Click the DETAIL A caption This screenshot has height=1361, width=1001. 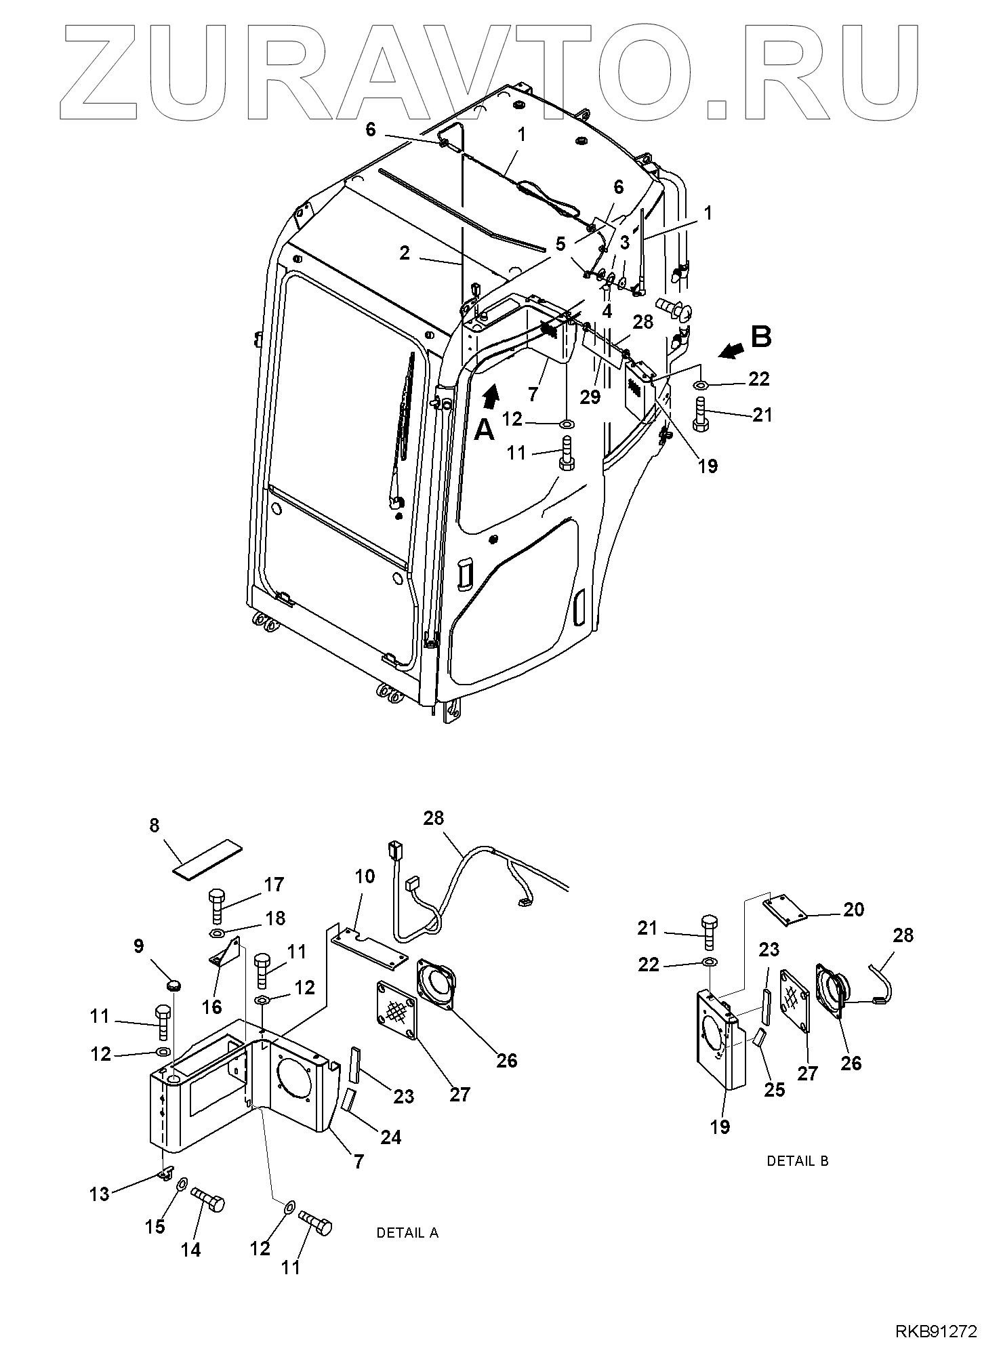click(407, 1233)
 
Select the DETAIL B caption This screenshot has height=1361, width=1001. click(797, 1161)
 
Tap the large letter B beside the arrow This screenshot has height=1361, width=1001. click(762, 336)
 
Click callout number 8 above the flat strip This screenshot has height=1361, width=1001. click(155, 825)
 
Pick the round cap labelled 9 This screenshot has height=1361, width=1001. click(175, 984)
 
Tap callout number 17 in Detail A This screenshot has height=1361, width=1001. click(274, 885)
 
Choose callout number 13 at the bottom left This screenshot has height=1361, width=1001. click(100, 1194)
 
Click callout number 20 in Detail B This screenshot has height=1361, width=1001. click(854, 909)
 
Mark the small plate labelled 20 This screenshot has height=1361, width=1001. click(787, 910)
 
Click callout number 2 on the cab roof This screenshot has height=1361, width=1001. click(405, 253)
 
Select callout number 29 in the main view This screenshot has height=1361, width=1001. click(590, 397)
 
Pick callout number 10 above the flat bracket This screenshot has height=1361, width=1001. click(365, 876)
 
